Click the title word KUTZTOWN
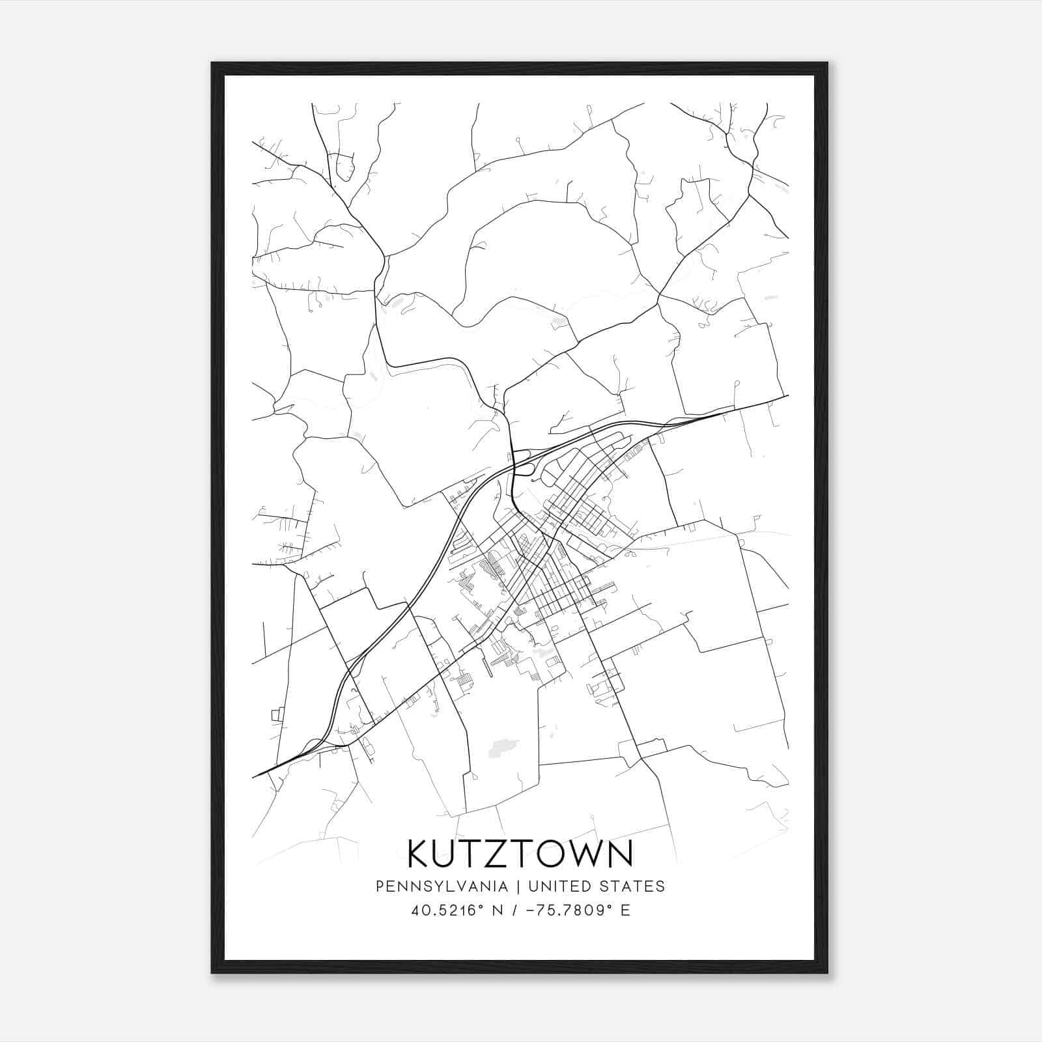coord(520,853)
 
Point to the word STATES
coord(632,886)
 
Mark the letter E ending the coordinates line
coord(625,910)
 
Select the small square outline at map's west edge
coord(276,715)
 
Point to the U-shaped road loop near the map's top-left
coord(343,168)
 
